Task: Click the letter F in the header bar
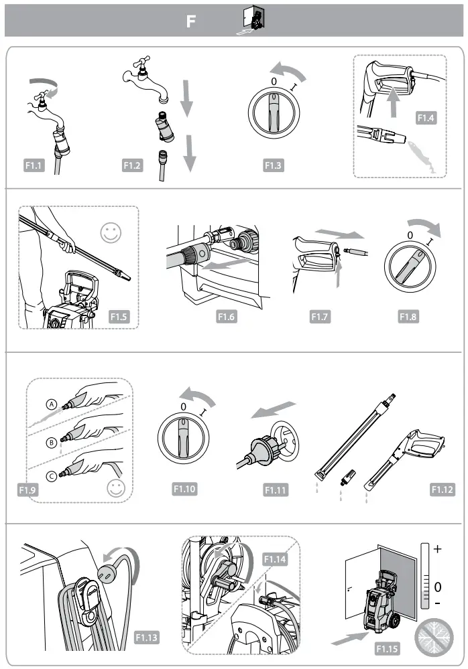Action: [191, 21]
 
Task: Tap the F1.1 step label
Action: [32, 165]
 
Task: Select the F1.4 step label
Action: [426, 118]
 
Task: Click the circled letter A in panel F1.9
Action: [51, 404]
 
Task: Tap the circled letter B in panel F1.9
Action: [51, 442]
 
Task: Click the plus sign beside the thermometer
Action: [438, 549]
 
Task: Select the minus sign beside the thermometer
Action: [438, 604]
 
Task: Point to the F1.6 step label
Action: [227, 317]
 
